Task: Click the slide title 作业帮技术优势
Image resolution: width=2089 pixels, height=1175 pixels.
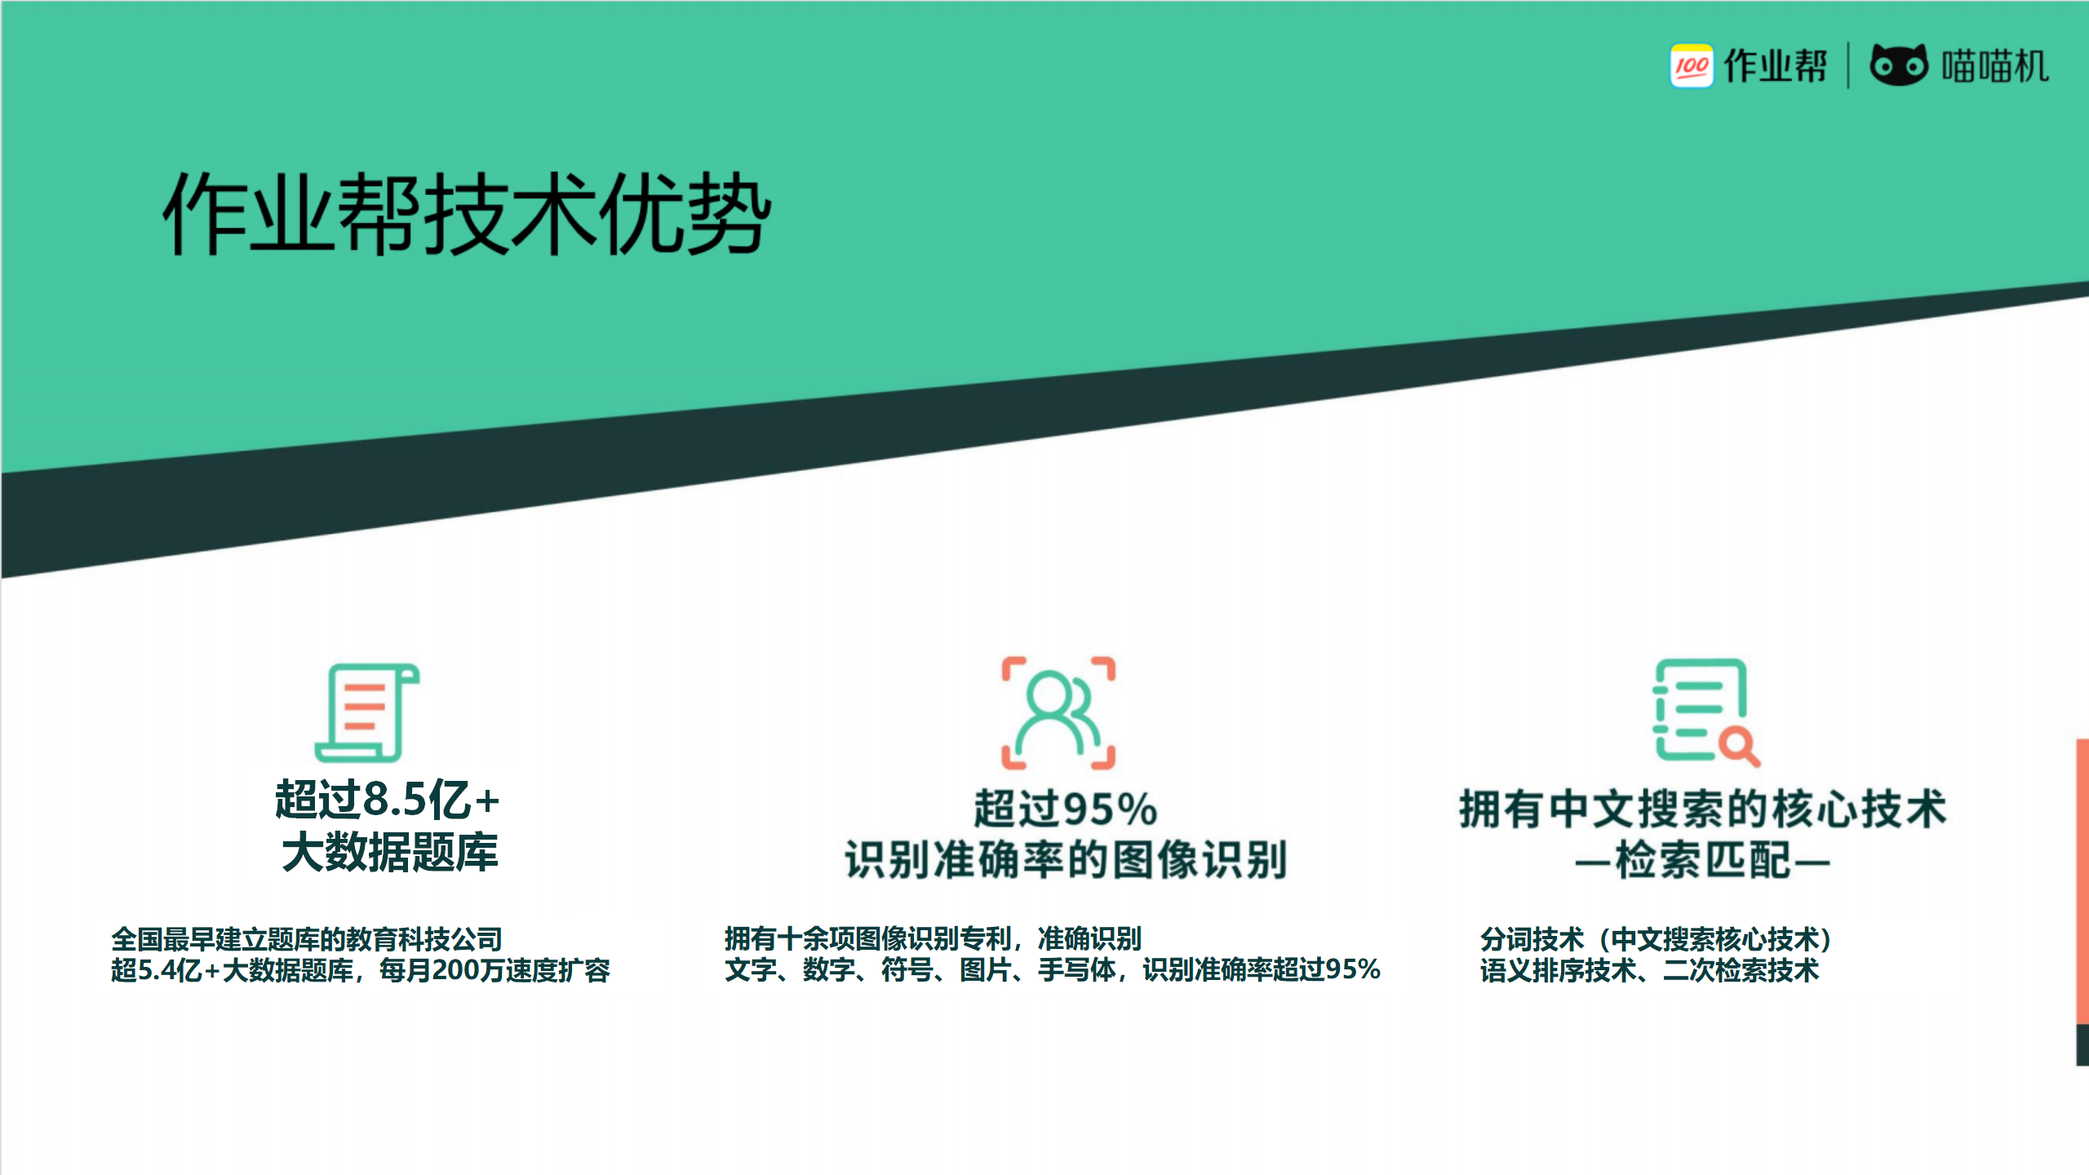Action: click(467, 213)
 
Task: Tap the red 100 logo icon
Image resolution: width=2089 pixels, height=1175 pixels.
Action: click(1692, 65)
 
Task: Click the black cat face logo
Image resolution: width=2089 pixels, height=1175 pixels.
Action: click(1899, 64)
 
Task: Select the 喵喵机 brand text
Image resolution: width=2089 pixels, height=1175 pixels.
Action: click(1995, 66)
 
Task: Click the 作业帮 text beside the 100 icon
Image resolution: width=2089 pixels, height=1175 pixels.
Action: click(1776, 66)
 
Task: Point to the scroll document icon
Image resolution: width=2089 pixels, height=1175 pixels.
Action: click(367, 712)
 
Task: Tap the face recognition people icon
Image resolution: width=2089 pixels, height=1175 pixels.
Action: click(1058, 712)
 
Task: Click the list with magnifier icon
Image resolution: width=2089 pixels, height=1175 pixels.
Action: click(1705, 712)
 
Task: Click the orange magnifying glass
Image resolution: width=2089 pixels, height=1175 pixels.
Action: click(1739, 747)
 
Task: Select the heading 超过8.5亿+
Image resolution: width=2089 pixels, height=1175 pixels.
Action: click(387, 799)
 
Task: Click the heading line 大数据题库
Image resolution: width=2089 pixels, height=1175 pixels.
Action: click(390, 853)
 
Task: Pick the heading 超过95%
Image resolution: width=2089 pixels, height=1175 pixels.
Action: click(1065, 809)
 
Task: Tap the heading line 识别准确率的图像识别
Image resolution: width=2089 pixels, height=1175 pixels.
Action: click(1066, 860)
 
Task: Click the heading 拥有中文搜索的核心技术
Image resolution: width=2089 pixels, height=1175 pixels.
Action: click(1703, 809)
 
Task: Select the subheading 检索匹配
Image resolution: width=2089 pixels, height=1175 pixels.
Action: click(1703, 860)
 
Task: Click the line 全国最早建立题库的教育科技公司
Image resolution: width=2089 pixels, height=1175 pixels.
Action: click(307, 939)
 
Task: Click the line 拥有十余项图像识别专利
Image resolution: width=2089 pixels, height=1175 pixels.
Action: click(867, 938)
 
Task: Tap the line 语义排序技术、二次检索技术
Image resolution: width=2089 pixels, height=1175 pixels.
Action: click(1649, 970)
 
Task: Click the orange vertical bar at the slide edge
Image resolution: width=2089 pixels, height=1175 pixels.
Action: click(2082, 881)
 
